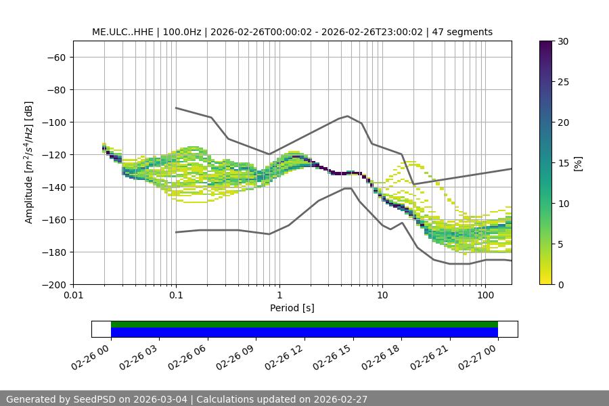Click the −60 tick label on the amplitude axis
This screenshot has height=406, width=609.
tap(55, 58)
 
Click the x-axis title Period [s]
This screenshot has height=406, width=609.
tap(292, 308)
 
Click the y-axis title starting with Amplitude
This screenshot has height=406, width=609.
tap(28, 162)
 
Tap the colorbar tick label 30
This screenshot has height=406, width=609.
tap(562, 41)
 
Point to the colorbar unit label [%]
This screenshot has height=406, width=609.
tap(578, 163)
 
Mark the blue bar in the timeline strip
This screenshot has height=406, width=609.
tap(304, 332)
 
